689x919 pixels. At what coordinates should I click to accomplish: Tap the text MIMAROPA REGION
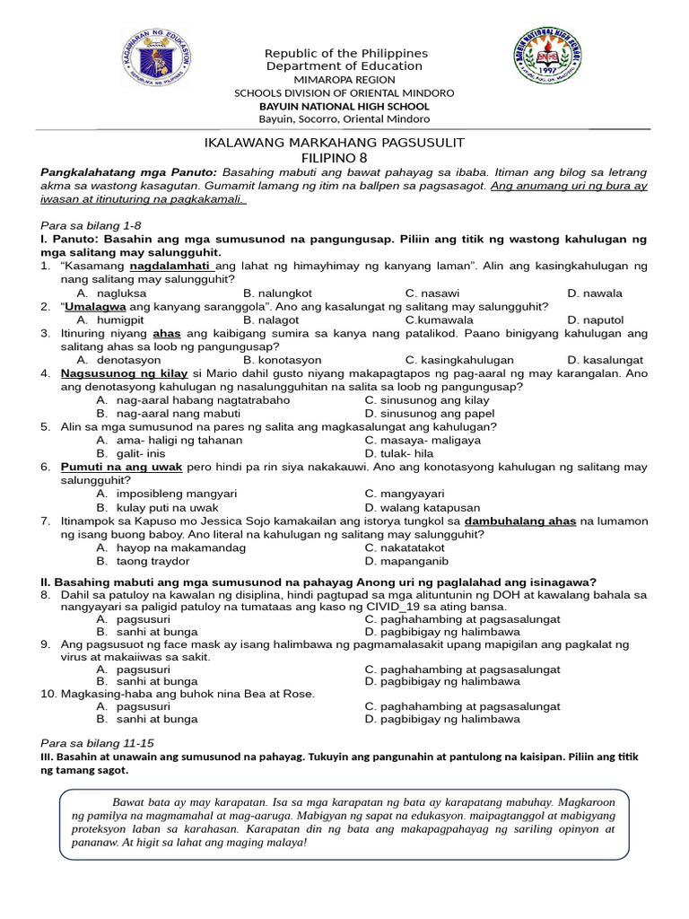pyautogui.click(x=344, y=80)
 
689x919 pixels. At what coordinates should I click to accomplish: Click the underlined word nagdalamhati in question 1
pyautogui.click(x=170, y=267)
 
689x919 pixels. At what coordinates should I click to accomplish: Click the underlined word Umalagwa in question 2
pyautogui.click(x=99, y=307)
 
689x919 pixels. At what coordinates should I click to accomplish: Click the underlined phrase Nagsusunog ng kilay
pyautogui.click(x=125, y=373)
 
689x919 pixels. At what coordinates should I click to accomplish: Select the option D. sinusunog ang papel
pyautogui.click(x=430, y=414)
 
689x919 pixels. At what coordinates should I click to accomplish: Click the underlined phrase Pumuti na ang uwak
pyautogui.click(x=122, y=468)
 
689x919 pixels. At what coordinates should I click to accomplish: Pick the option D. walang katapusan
pyautogui.click(x=423, y=508)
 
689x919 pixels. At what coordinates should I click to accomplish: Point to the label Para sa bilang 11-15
pyautogui.click(x=98, y=744)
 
